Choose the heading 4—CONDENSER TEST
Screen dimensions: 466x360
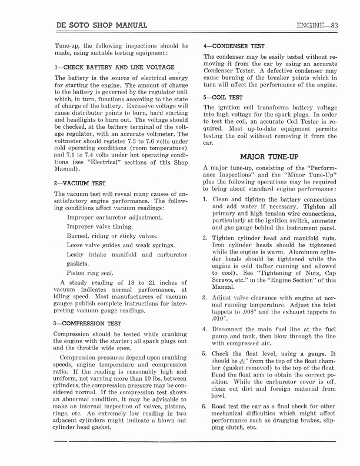coord(234,46)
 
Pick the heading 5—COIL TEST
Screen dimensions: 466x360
coord(223,97)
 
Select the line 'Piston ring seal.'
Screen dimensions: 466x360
coord(90,273)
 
